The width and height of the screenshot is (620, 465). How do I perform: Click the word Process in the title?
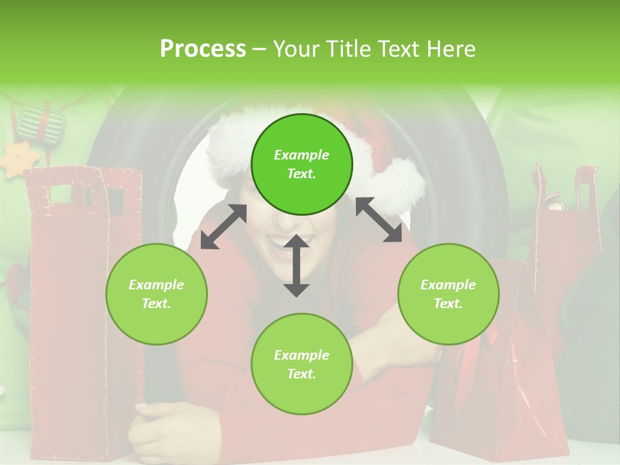[203, 49]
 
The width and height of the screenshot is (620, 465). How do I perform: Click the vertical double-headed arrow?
[296, 265]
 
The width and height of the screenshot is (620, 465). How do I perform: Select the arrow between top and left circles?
[223, 227]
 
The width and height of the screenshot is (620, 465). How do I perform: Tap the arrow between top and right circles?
[379, 220]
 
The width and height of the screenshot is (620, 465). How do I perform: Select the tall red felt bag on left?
[84, 310]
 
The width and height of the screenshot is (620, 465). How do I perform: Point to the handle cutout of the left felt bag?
[62, 194]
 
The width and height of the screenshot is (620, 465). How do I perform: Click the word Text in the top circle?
[302, 174]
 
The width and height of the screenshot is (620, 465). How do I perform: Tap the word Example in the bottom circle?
[302, 355]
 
